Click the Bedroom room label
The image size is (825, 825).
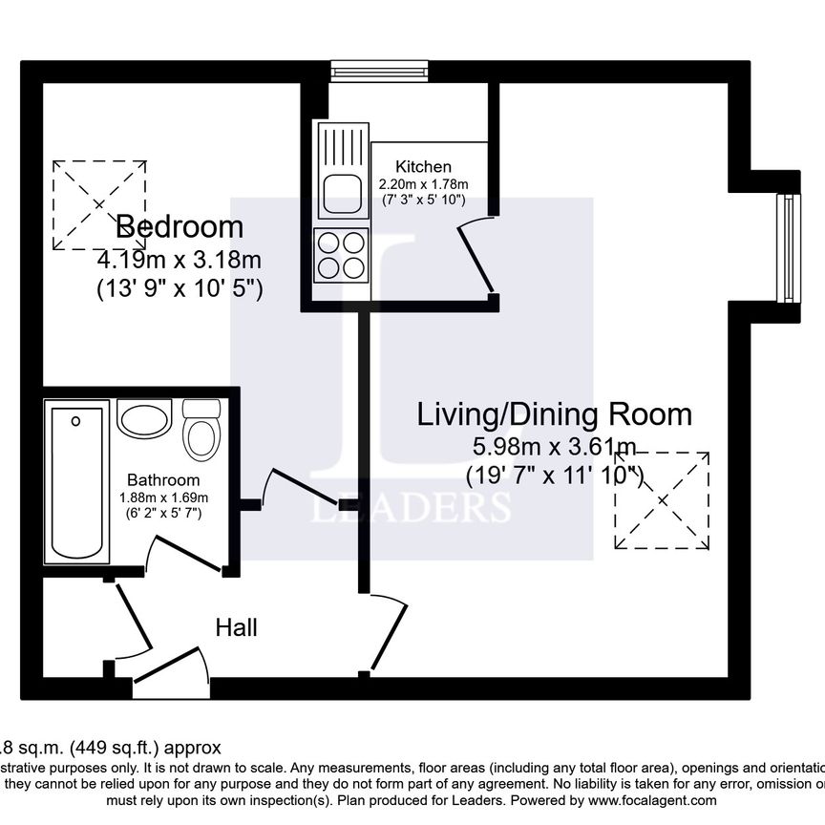coord(180,227)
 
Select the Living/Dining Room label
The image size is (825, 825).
coord(554,414)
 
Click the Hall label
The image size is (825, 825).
coord(236,627)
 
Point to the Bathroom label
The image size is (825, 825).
coord(163,480)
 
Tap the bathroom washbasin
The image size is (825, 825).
coord(144,419)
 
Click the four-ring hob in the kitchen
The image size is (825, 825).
coord(340,255)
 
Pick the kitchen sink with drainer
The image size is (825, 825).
coord(342,172)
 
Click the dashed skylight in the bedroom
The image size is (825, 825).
coord(99,205)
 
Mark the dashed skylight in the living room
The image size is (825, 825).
coord(663,500)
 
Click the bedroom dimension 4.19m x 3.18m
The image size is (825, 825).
coord(180,260)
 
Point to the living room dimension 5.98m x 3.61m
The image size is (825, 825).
coord(554,446)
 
